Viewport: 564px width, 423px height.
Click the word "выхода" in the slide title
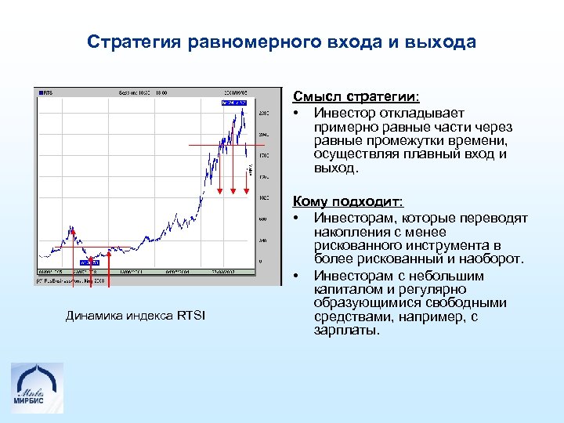point(442,42)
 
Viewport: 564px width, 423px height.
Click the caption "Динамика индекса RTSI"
point(135,316)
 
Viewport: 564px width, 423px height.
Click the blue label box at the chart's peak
point(234,102)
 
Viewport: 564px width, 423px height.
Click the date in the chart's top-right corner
point(236,92)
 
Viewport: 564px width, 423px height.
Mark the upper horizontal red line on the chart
point(227,146)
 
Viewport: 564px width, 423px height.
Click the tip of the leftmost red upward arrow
point(73,230)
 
